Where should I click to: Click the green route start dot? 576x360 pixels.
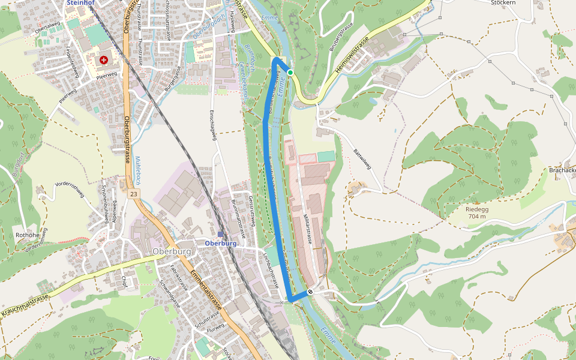coord(290,73)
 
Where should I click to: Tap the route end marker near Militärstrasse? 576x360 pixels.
coord(311,292)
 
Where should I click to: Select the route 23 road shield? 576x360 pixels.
coord(133,194)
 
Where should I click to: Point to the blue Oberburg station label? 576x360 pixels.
coord(220,244)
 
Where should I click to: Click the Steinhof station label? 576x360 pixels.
coord(82,2)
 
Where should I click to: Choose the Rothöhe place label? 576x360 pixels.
coord(27,235)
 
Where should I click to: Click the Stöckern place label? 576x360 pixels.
coord(503,2)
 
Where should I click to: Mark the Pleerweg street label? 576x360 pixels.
coord(106,76)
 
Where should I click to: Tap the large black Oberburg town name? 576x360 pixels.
coord(172,251)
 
